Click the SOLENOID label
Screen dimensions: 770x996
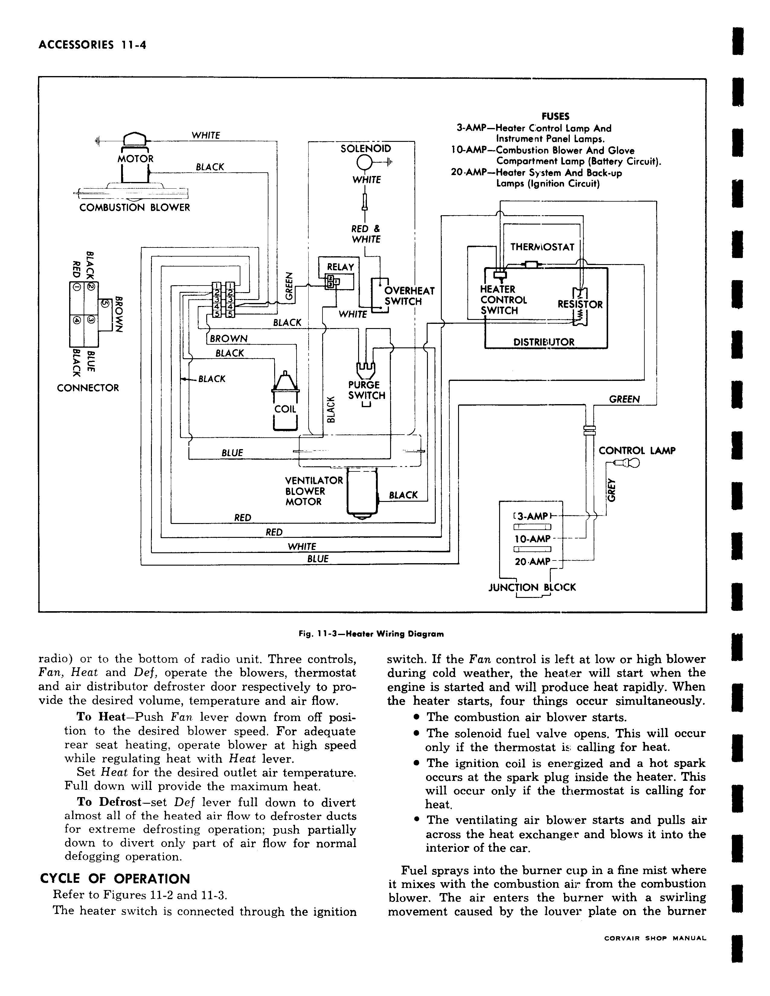point(366,149)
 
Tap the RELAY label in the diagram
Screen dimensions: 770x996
point(340,267)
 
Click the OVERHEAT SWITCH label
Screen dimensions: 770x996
point(409,296)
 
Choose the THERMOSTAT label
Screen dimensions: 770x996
point(542,247)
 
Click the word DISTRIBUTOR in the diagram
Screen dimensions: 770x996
point(544,342)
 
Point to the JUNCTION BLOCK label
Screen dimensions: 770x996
point(532,587)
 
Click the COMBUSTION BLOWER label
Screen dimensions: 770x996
point(135,208)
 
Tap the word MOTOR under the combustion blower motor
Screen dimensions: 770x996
point(136,159)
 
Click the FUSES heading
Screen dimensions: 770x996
point(555,117)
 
